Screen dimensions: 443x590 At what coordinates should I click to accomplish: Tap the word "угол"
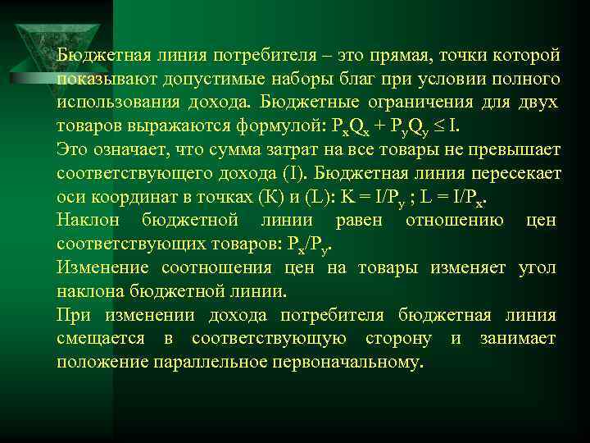(x=538, y=267)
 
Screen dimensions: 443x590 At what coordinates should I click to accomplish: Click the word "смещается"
(x=101, y=338)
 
